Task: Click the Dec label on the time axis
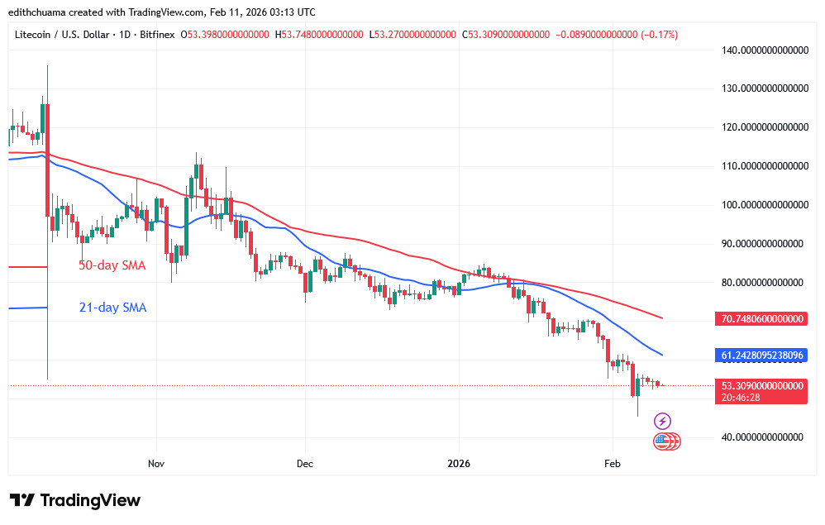304,464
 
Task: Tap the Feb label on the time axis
612,464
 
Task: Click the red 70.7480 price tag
761,318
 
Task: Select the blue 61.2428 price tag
761,355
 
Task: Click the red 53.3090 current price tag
761,385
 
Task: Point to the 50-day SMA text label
112,266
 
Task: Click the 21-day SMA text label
112,308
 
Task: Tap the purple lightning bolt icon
662,422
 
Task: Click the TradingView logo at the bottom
75,500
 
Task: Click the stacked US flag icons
666,441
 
